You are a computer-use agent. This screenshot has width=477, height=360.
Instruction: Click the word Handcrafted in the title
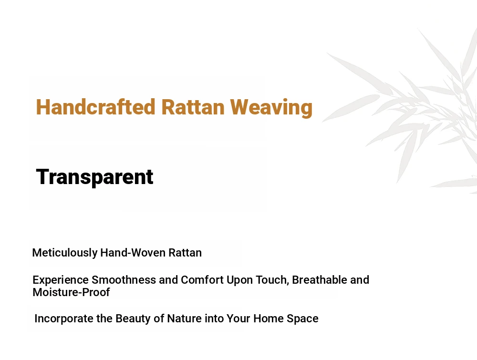[x=95, y=107]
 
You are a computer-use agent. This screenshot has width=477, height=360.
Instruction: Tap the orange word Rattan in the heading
[x=193, y=107]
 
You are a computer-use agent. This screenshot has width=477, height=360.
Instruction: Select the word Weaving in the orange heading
[x=271, y=108]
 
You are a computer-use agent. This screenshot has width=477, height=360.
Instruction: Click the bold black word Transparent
[x=94, y=176]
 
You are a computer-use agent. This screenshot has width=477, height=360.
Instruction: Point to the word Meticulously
[x=65, y=253]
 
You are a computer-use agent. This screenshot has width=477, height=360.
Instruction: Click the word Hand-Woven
[x=133, y=253]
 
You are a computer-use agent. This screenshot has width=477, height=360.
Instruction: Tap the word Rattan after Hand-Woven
[x=185, y=253]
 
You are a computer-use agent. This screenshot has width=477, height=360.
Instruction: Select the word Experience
[x=61, y=280]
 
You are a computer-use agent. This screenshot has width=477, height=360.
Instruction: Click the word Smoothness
[x=124, y=280]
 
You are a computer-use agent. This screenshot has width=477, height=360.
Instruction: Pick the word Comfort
[x=202, y=280]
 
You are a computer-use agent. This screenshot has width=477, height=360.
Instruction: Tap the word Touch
[x=272, y=280]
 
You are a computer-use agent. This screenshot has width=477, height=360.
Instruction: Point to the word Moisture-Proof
[x=71, y=292]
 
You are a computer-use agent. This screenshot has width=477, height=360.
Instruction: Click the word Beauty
[x=133, y=319]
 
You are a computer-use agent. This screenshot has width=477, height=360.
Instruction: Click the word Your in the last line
[x=238, y=319]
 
